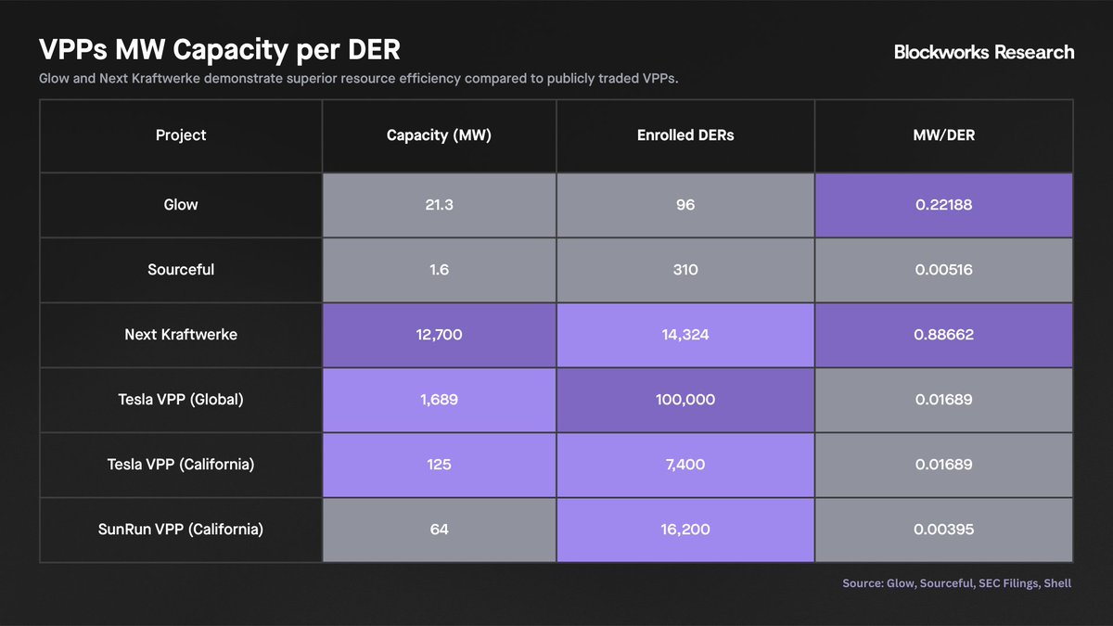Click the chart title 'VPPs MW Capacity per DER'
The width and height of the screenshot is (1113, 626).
pos(220,50)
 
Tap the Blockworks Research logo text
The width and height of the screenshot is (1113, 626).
pos(983,52)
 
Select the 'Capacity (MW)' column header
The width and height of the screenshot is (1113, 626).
pos(439,135)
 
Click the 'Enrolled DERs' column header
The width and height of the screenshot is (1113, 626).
pos(685,135)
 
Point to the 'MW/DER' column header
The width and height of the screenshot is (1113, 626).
pos(943,135)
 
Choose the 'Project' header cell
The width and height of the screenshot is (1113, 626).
pos(181,135)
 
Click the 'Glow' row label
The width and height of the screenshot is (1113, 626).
pos(181,205)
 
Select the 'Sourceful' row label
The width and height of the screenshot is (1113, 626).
pos(181,270)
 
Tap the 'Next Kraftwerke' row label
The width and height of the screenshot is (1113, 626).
pos(181,335)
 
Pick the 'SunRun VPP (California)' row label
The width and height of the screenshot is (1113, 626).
pos(181,530)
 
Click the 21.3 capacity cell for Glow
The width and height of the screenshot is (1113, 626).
pos(439,205)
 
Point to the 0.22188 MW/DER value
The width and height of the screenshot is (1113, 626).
pos(943,205)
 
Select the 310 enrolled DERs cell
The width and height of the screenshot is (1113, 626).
pos(685,270)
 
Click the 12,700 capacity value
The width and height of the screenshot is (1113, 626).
pos(439,335)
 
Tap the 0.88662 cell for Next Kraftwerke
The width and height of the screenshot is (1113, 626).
pos(943,335)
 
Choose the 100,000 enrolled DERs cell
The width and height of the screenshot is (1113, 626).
pos(685,400)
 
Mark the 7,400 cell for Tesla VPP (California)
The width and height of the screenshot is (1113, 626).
pos(685,465)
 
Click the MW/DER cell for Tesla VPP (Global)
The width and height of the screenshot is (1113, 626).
pos(943,400)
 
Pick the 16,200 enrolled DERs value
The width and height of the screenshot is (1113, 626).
pos(685,530)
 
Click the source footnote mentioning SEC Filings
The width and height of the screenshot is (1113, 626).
pos(956,583)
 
